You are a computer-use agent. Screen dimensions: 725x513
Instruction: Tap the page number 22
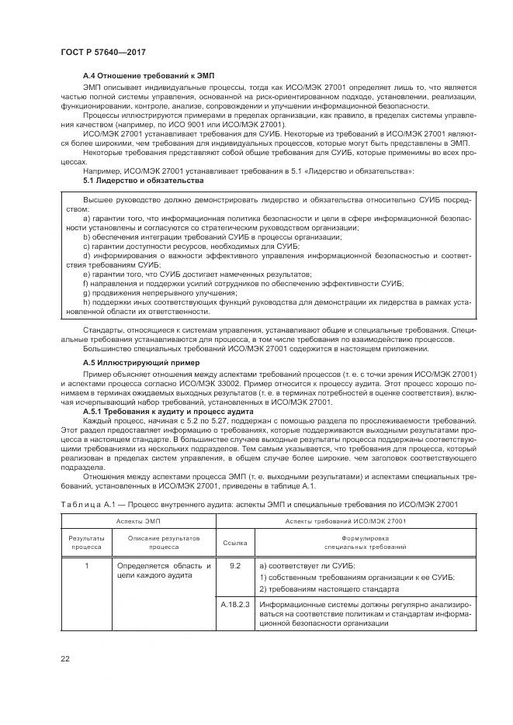point(64,658)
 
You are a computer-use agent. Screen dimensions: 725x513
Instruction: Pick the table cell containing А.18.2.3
point(235,601)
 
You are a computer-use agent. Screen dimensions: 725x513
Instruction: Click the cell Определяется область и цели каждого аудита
point(164,571)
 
